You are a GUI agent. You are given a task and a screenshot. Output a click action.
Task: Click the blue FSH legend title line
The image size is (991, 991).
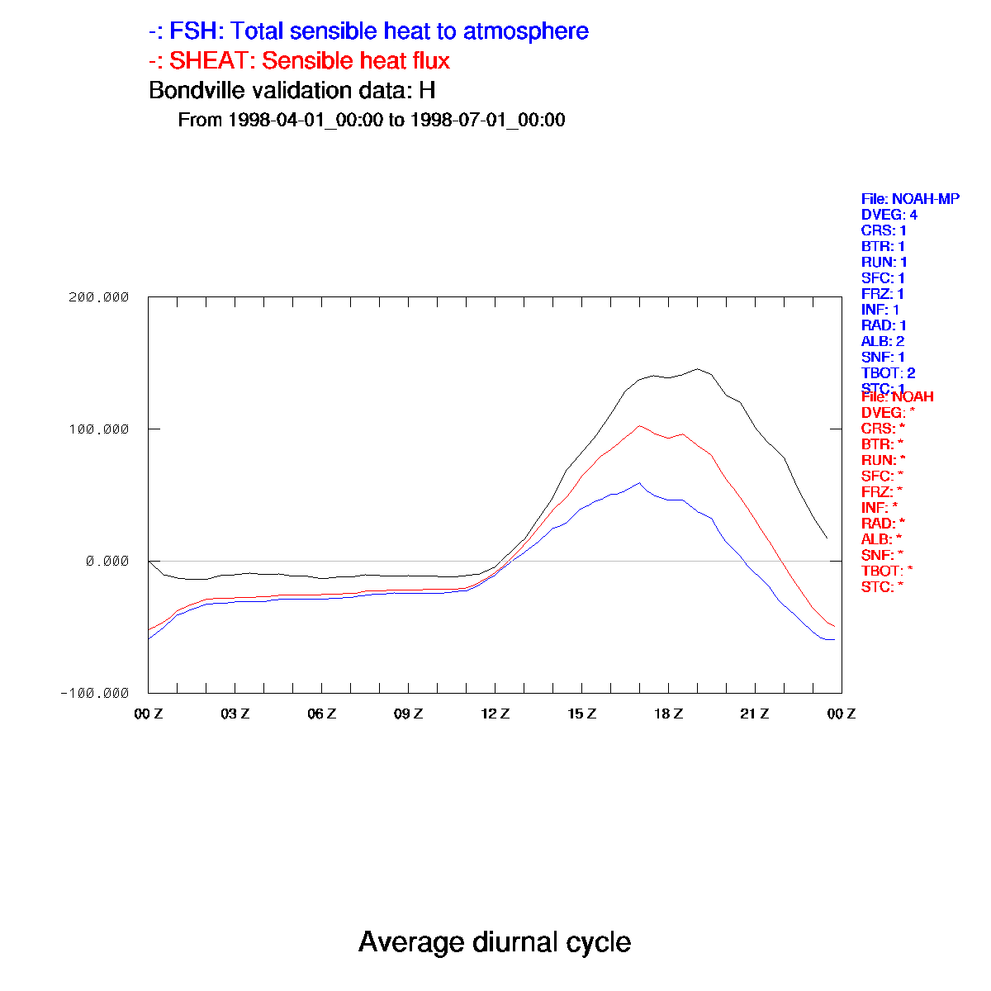point(368,31)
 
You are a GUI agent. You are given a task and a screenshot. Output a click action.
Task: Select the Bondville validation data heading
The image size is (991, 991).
point(292,90)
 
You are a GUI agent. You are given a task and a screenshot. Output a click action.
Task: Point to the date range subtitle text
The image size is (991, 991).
point(372,120)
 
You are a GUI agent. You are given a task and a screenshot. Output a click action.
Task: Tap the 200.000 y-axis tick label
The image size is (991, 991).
point(98,297)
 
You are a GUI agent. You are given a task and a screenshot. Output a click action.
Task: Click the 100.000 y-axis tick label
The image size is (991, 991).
point(98,429)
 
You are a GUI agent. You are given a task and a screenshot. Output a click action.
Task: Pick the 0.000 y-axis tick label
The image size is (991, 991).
point(107,561)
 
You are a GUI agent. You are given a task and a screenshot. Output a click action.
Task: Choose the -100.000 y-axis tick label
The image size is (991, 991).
point(94,693)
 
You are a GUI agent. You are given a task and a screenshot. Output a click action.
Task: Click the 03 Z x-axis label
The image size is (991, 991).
point(235,714)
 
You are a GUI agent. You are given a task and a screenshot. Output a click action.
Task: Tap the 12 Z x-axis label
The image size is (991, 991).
point(495,714)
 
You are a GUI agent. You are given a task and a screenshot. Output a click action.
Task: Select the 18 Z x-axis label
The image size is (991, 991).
point(668,714)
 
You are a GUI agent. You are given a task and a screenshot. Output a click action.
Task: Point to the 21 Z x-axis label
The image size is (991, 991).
point(755,714)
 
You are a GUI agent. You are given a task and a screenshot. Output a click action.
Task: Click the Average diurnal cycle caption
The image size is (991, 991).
point(495,942)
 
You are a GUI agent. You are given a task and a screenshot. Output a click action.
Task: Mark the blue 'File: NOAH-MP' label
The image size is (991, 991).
point(910,199)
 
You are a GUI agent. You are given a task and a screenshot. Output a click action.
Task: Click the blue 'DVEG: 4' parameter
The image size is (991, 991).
point(889,215)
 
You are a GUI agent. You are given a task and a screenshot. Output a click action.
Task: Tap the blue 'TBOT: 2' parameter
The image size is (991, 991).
point(888,373)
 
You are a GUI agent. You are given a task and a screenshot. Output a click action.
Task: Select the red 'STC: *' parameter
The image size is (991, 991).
point(882,586)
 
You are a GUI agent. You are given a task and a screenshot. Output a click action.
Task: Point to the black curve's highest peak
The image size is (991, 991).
point(697,369)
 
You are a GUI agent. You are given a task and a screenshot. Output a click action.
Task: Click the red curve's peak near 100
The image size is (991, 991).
point(639,425)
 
